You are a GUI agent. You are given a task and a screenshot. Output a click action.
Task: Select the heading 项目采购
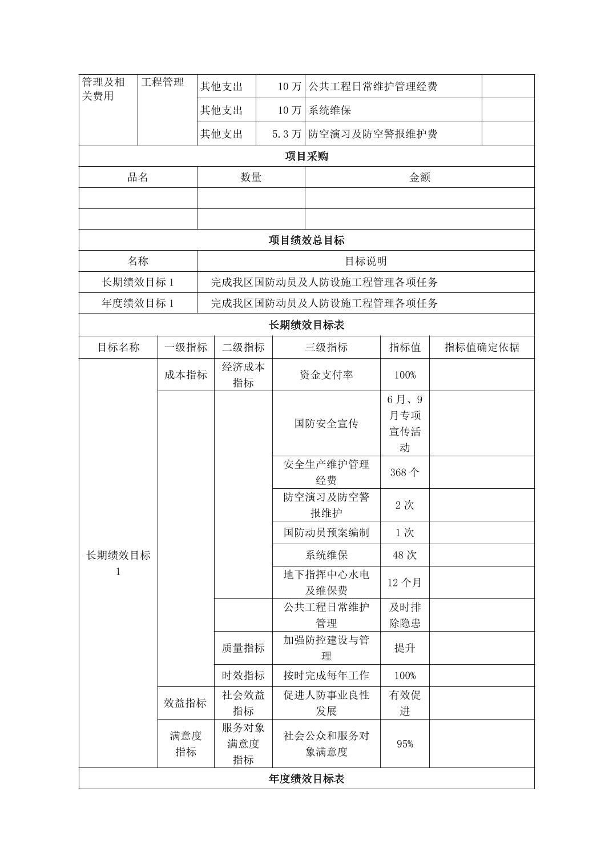click(306, 156)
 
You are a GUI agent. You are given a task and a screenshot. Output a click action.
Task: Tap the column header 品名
click(138, 178)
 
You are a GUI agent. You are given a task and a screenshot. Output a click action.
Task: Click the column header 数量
click(251, 178)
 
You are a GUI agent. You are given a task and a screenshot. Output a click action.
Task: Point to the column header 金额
click(420, 178)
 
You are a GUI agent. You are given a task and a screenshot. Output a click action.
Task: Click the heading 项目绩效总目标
click(306, 240)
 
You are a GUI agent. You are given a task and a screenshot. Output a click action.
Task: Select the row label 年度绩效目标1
click(138, 303)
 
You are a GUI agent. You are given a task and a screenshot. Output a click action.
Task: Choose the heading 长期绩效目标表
click(306, 325)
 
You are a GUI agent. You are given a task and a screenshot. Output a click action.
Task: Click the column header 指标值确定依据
click(482, 347)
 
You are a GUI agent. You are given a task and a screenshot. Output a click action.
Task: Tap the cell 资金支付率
click(326, 375)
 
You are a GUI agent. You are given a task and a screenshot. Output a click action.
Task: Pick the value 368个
click(405, 472)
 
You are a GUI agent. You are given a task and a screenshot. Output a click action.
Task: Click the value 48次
click(405, 555)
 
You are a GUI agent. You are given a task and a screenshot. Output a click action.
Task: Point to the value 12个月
click(405, 582)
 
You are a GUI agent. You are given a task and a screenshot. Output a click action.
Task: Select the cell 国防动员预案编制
click(326, 533)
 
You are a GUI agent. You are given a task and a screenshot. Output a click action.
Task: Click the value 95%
click(405, 744)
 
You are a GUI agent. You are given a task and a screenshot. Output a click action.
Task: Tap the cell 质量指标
click(243, 648)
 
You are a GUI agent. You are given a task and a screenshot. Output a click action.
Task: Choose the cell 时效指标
click(243, 676)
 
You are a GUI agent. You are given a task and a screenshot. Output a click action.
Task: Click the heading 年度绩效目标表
click(306, 779)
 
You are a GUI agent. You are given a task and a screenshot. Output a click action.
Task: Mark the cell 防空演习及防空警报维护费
click(373, 134)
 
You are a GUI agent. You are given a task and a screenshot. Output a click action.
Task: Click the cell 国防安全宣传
click(326, 424)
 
